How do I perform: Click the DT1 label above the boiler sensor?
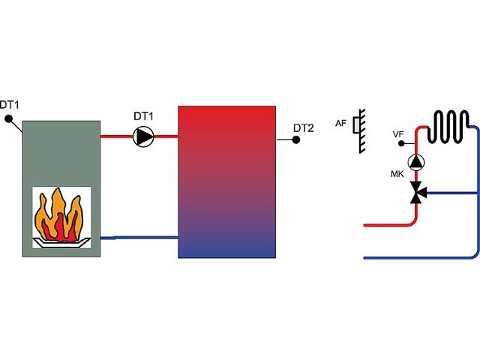point(10,105)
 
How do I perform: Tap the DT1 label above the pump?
point(143,116)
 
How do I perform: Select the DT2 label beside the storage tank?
point(303,128)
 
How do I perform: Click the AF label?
point(340,123)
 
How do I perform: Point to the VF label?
point(398,134)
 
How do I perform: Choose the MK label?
point(397,174)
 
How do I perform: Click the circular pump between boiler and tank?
point(143,136)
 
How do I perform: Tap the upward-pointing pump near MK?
point(416,162)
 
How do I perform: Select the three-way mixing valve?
point(417,193)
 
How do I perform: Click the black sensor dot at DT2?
point(296,140)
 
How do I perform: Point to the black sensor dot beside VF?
point(401,143)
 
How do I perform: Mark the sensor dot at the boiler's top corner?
point(8,118)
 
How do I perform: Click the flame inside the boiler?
point(58,215)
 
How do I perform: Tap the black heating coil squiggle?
point(448,127)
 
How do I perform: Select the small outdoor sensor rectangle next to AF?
point(356,125)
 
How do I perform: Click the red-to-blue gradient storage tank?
point(226,182)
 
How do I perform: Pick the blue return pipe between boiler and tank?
point(139,238)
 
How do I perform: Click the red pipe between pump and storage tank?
point(166,136)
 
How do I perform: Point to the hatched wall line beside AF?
point(362,131)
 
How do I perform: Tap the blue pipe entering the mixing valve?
point(452,193)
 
